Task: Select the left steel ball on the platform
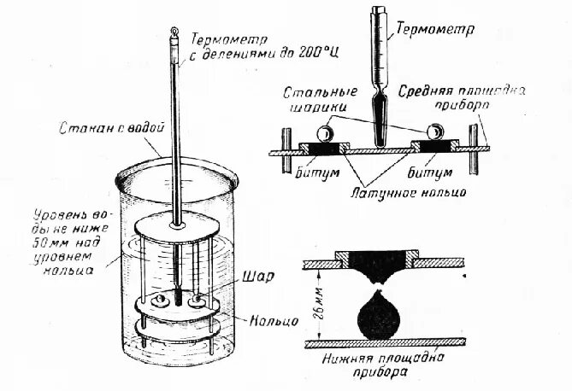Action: (326, 134)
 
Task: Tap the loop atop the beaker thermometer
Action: (173, 35)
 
